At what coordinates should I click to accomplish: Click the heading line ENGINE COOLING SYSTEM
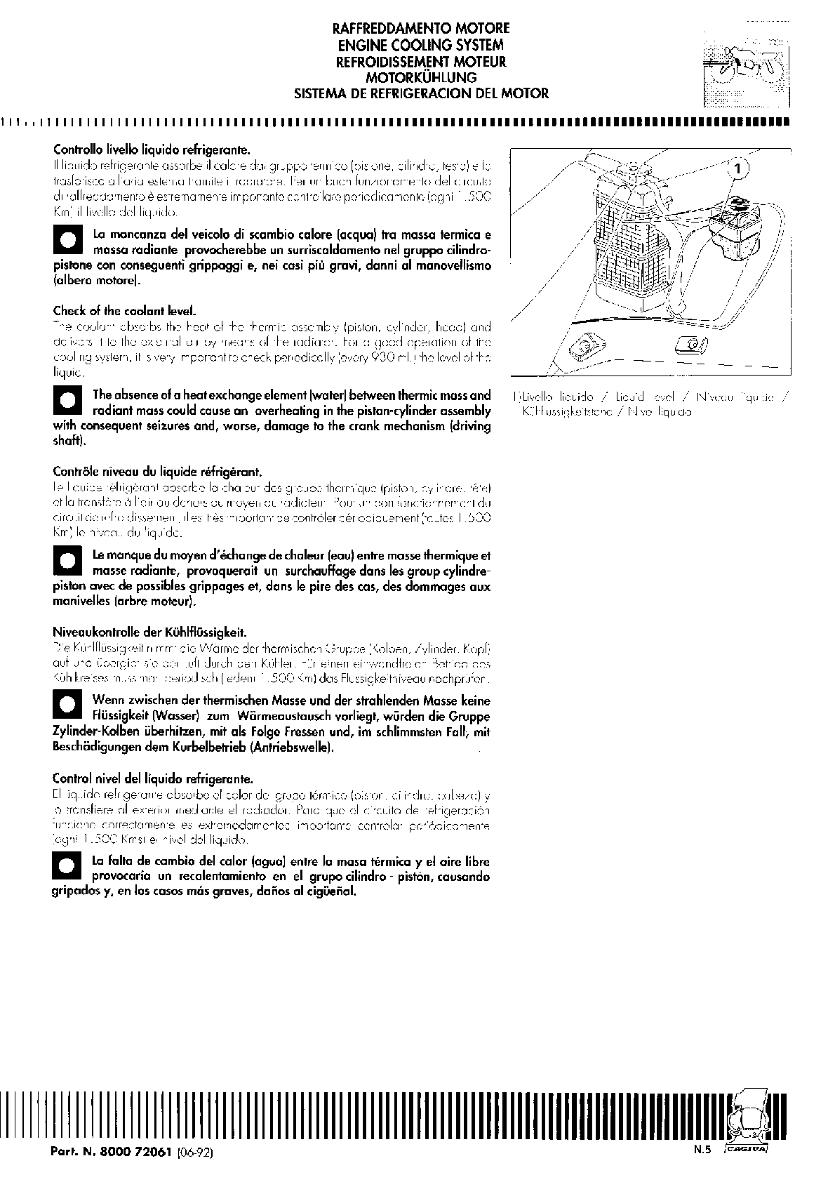(x=420, y=45)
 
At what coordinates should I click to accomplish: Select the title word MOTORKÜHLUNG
(x=421, y=77)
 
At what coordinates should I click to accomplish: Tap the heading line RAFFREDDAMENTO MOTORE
(x=420, y=29)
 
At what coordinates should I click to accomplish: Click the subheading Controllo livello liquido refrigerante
(x=152, y=150)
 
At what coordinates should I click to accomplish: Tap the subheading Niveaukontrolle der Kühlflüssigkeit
(x=149, y=632)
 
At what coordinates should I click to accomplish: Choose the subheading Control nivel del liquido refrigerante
(x=152, y=778)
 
